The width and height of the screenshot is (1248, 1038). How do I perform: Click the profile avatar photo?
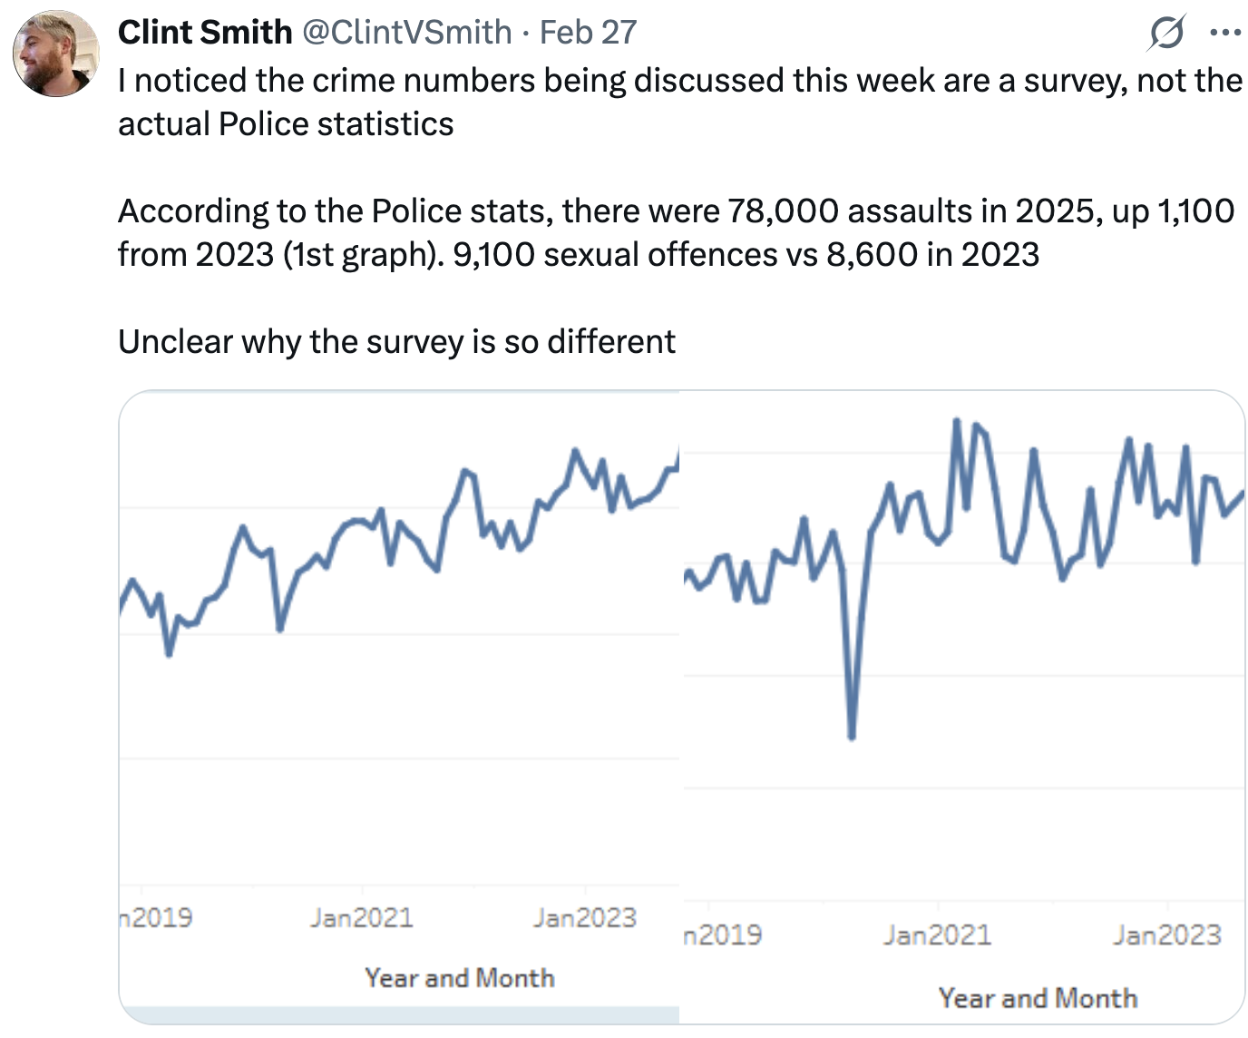[55, 54]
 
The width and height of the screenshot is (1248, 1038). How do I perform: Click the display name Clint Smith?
[204, 33]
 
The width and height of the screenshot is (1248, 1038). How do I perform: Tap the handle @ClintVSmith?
[406, 33]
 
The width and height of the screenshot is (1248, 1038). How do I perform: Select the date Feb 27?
[589, 33]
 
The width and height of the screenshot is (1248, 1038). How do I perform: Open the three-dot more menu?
[1224, 34]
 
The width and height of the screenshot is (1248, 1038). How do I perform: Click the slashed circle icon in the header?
[1165, 34]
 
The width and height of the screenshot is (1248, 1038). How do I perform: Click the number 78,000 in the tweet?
[785, 211]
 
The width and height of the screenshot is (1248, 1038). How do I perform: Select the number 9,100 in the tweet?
[493, 255]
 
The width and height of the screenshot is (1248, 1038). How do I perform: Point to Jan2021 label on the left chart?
[361, 918]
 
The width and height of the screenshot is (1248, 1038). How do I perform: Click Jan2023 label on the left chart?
[585, 918]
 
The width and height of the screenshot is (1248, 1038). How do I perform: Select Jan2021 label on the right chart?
[938, 935]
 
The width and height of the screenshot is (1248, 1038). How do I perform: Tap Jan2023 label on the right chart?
[1167, 935]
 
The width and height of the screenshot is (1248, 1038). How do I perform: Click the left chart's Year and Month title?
[460, 978]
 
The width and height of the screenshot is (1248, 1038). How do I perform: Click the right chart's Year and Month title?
[1038, 998]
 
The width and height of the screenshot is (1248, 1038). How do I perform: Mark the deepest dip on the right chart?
[852, 736]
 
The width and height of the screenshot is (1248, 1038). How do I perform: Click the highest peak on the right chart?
[957, 421]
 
